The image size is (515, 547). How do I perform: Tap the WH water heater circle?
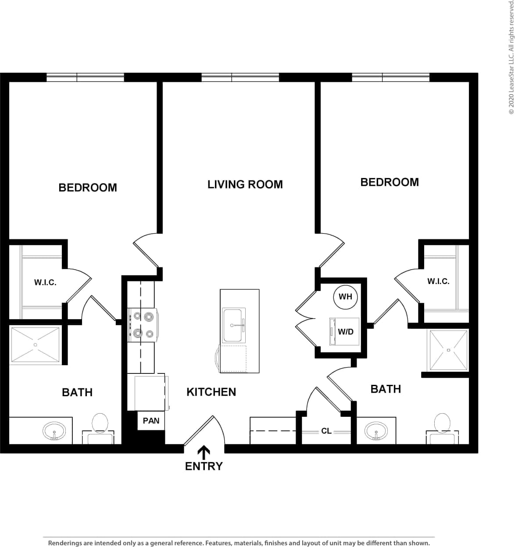click(345, 297)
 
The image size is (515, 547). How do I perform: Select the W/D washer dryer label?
click(345, 331)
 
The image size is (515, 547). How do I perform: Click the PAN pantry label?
click(151, 421)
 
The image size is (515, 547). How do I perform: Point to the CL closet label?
click(326, 431)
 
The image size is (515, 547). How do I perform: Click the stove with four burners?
click(143, 325)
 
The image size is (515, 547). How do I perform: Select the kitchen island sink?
click(232, 325)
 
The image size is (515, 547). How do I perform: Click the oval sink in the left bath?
click(54, 432)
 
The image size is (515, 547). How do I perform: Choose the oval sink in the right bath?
click(376, 431)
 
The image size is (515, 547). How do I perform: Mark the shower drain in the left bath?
click(35, 345)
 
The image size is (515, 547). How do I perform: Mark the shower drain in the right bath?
click(448, 350)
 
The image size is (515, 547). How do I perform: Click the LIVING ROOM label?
click(245, 185)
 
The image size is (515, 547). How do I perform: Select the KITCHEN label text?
click(211, 392)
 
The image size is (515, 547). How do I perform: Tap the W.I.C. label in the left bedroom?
click(45, 283)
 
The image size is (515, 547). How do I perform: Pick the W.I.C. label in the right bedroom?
click(438, 281)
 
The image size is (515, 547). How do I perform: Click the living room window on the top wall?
click(240, 78)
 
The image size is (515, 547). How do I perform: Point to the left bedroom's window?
click(85, 78)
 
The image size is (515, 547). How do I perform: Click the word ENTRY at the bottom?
click(204, 466)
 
